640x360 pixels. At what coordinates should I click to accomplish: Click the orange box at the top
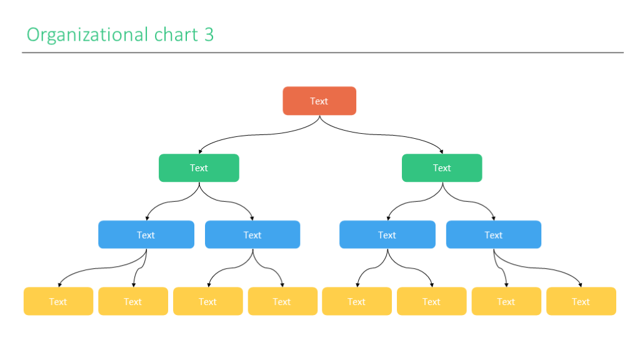point(319,101)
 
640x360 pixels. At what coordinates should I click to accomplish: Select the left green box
point(199,168)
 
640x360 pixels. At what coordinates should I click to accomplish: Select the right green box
point(442,168)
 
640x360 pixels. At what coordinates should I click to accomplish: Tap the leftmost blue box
point(146,235)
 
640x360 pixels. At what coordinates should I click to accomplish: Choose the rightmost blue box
point(494,235)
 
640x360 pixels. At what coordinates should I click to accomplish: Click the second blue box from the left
point(252,235)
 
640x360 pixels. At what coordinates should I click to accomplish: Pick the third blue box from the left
point(387,235)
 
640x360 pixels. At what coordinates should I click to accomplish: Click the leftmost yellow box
point(58,301)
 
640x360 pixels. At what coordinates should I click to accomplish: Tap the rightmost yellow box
point(581,301)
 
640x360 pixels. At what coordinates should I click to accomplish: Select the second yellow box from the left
point(133,301)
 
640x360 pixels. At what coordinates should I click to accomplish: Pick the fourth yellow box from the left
point(282,301)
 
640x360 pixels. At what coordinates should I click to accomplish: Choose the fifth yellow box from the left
point(357,301)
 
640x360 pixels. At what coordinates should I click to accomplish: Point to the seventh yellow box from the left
point(506,301)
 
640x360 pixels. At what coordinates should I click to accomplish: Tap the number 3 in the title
point(209,34)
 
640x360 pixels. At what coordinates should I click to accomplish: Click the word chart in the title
point(176,34)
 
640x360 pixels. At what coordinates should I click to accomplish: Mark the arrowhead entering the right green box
point(441,151)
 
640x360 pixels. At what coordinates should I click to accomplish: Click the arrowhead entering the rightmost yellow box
point(580,284)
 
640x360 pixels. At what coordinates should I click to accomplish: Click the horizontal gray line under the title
point(322,52)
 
